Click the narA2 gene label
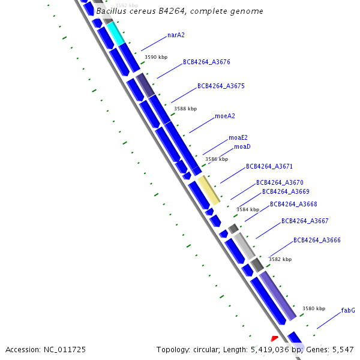coord(176,35)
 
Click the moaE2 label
coord(238,138)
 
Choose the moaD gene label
coord(242,146)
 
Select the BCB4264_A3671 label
coord(269,166)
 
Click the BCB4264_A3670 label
coord(280,182)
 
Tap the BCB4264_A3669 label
coord(286,191)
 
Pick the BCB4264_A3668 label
coord(293,204)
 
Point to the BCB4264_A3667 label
coord(305,221)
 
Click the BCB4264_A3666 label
coord(317,240)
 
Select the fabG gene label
coord(348,310)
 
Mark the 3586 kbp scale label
coord(217,159)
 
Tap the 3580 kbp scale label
coord(314,308)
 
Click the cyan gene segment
coord(116,34)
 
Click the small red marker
coord(275,339)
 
